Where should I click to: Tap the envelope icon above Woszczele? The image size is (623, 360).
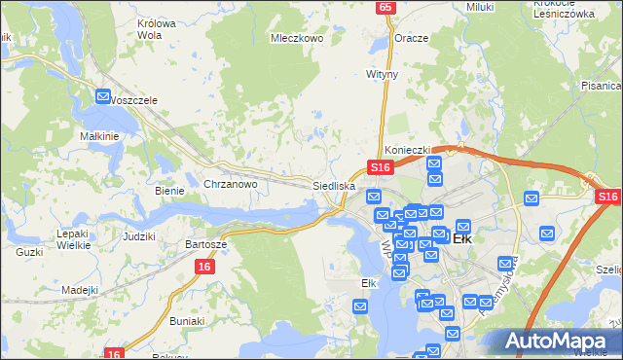pos(104,96)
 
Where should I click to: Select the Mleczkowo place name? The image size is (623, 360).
pos(296,39)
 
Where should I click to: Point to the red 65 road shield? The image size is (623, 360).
pos(386,7)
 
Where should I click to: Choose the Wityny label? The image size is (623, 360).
pos(382,73)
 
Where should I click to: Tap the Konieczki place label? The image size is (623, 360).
pos(407,150)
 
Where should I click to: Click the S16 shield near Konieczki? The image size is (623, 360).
pos(380,167)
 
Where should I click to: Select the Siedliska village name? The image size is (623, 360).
pos(333,184)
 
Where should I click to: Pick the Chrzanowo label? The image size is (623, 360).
pos(230,184)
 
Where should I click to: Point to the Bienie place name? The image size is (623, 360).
pos(169,191)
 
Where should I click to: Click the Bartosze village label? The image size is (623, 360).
pos(206,244)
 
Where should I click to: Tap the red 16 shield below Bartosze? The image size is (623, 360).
pos(203,266)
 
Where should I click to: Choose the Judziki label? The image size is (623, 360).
pos(139,236)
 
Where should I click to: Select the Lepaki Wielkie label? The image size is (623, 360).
pos(73,239)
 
